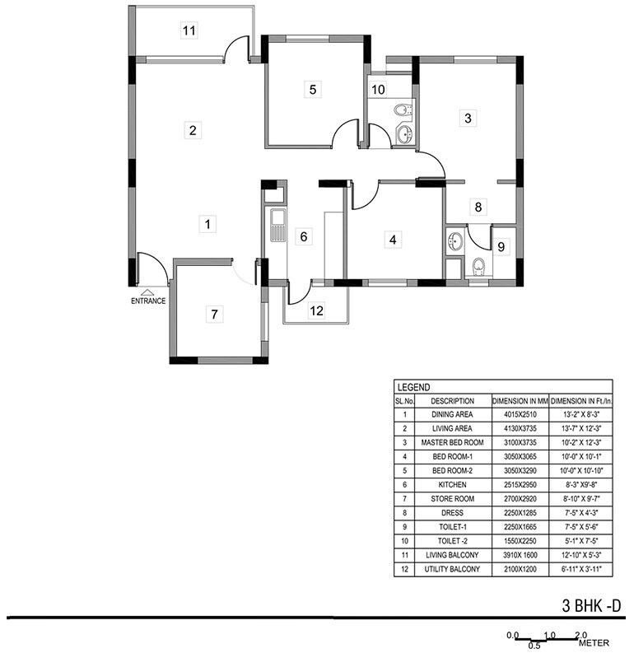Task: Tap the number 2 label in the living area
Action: click(193, 130)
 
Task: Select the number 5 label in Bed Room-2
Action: click(311, 90)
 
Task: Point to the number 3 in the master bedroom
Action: click(468, 118)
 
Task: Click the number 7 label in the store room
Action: click(214, 314)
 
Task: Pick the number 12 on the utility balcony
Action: click(317, 310)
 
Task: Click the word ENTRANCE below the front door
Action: click(148, 301)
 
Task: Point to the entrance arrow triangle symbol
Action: click(147, 292)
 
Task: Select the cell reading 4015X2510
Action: click(520, 415)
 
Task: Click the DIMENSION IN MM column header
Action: click(520, 400)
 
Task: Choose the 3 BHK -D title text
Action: click(591, 607)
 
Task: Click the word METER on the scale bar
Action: click(594, 643)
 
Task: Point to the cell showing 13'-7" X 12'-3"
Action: click(580, 429)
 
